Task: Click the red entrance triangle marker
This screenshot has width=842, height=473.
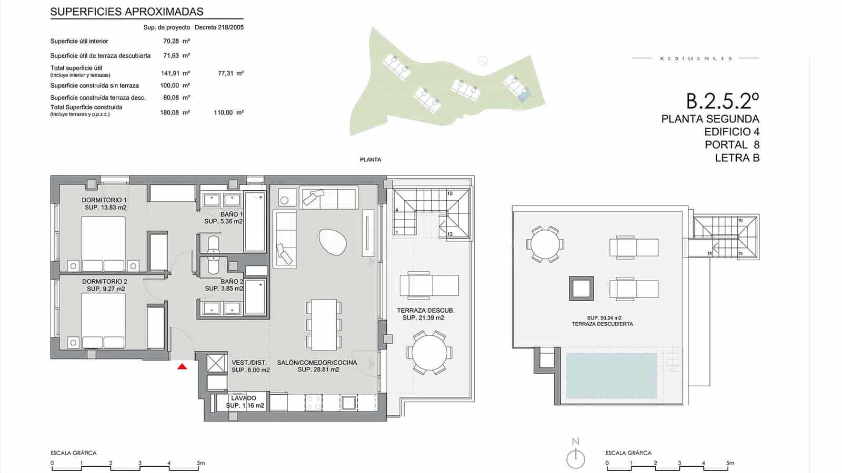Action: coord(182,366)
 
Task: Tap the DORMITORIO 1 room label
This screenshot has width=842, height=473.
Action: coord(104,203)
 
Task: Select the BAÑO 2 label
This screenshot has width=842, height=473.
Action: coord(224,285)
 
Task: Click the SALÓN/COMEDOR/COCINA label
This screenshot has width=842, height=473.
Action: coord(317,366)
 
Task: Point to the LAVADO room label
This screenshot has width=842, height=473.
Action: coord(244,402)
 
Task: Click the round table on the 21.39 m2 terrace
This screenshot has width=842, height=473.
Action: coord(429,353)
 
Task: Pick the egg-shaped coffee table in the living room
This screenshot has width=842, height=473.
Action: coord(333,243)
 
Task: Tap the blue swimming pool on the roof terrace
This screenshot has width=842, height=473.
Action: coord(612,375)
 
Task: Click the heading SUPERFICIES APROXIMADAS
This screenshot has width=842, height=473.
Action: coord(127,12)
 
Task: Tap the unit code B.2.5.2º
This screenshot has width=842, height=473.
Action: coord(722,100)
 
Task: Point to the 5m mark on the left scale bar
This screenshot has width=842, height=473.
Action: coord(201,463)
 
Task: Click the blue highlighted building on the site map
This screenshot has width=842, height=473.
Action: coord(524,95)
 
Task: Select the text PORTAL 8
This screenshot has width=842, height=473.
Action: coord(732,145)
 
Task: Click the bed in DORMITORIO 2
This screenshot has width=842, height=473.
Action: coord(103,321)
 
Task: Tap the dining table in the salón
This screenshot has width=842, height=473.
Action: coord(324,325)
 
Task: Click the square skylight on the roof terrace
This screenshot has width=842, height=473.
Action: coord(581,289)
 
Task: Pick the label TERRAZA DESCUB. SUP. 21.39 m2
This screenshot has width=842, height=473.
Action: coord(425,314)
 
